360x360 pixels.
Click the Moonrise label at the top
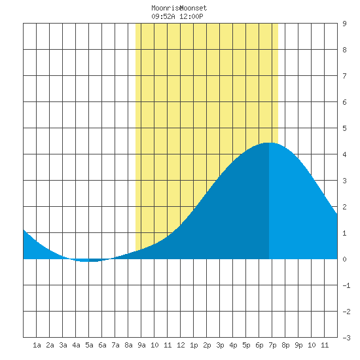[x=166, y=8]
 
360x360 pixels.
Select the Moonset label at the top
[x=194, y=8]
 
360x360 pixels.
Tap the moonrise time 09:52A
[x=163, y=16]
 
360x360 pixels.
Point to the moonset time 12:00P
[x=191, y=16]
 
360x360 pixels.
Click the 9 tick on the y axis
[x=344, y=24]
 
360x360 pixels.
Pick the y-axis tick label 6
[x=344, y=102]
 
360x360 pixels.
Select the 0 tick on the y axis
[x=344, y=259]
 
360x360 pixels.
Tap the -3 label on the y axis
[x=346, y=338]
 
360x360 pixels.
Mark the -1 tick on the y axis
[x=346, y=285]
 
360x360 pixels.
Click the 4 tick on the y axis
[x=344, y=154]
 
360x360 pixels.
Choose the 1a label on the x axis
[x=37, y=345]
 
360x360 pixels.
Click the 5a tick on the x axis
[x=89, y=345]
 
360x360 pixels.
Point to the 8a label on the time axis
[x=128, y=345]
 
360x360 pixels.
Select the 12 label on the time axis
[x=181, y=345]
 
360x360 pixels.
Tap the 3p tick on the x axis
[x=220, y=345]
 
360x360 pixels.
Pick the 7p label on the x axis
[x=272, y=345]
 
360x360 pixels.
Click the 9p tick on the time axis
[x=298, y=345]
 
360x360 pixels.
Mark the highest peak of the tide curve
[x=269, y=143]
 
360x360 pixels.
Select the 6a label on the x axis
[x=102, y=345]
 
